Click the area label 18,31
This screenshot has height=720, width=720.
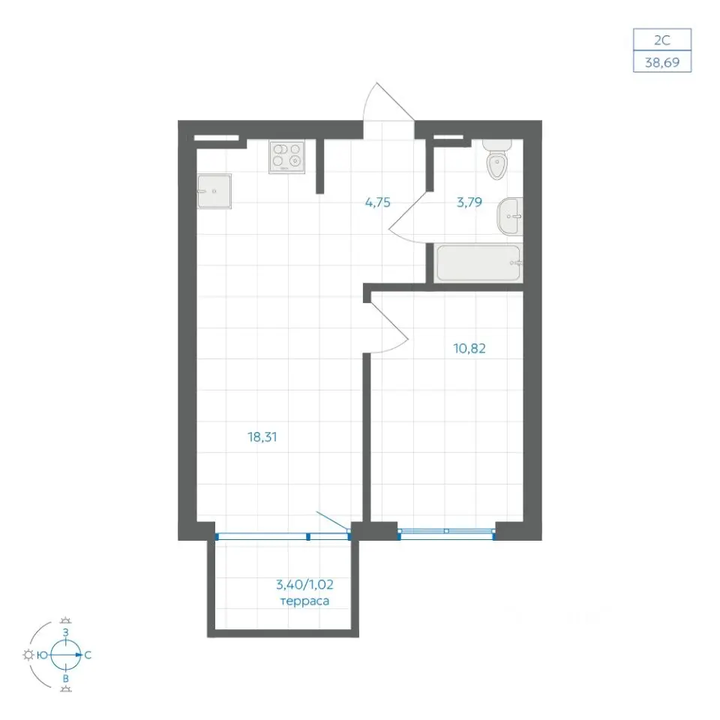(x=262, y=436)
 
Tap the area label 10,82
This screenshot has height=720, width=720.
(x=469, y=349)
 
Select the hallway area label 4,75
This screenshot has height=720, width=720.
(x=377, y=202)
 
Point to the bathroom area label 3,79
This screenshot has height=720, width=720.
(x=469, y=202)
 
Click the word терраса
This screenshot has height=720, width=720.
(x=304, y=601)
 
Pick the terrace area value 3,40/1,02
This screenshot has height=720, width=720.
(x=304, y=584)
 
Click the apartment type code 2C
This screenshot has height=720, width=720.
(x=662, y=40)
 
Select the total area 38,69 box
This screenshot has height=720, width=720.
(x=662, y=61)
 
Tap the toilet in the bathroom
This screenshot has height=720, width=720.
(x=496, y=159)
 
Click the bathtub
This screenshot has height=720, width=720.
(x=478, y=263)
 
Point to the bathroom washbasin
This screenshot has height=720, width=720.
(x=510, y=216)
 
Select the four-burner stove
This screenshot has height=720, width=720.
(x=287, y=157)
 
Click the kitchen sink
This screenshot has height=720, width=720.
(x=214, y=191)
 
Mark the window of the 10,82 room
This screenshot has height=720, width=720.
(x=446, y=531)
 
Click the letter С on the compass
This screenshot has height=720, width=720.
(x=88, y=655)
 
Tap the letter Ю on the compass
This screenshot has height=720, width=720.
(x=42, y=655)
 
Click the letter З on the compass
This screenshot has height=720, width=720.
(x=66, y=632)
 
